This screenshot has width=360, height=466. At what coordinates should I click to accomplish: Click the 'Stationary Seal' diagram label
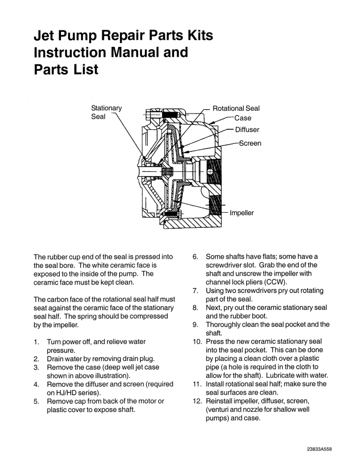pyautogui.click(x=106, y=112)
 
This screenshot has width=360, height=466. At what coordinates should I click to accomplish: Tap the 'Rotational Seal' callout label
pyautogui.click(x=236, y=108)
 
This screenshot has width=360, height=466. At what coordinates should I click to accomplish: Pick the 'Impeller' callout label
pyautogui.click(x=241, y=212)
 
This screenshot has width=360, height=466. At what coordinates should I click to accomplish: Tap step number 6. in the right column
pyautogui.click(x=196, y=256)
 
